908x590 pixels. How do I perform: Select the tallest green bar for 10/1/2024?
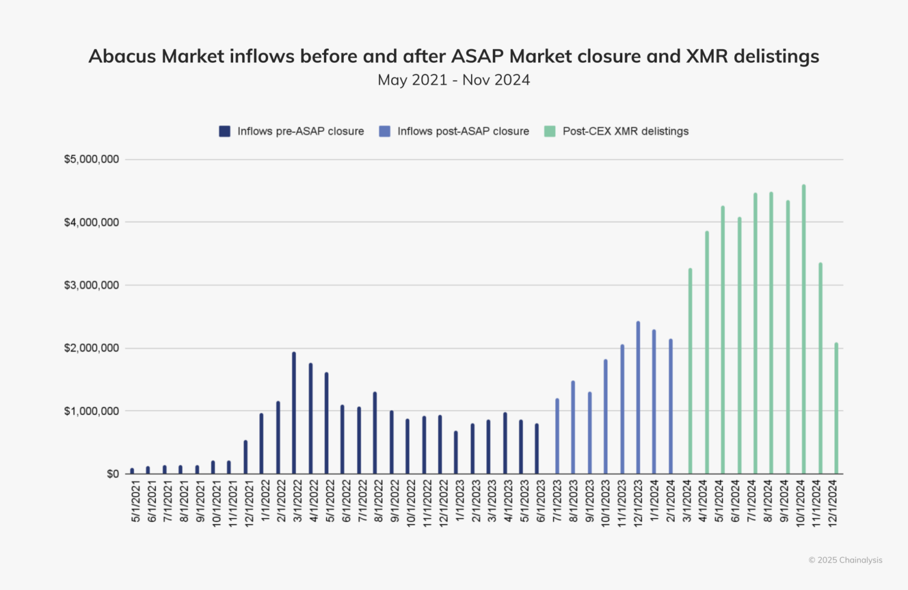coord(804,329)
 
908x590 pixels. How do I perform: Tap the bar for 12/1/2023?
coord(638,398)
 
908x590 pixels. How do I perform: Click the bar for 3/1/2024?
coord(690,371)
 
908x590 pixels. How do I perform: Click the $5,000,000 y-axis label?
coord(91,160)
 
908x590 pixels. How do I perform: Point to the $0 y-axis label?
coord(113,474)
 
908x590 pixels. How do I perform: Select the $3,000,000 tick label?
coord(91,285)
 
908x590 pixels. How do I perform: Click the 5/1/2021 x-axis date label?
coord(136,502)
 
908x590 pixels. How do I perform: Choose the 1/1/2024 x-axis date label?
coord(654,502)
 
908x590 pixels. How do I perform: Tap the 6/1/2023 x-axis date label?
coord(541,502)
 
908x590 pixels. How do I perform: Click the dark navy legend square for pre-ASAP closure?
coord(225,131)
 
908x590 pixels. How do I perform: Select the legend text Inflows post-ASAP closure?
coord(463,131)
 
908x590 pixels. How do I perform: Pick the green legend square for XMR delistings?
coord(550,131)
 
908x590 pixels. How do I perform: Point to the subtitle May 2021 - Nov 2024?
coord(454,80)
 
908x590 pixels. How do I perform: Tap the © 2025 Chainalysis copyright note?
coord(845,560)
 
